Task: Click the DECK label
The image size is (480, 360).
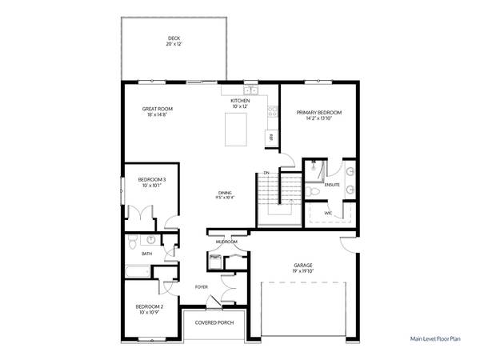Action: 174,38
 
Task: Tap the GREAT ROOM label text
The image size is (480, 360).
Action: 158,109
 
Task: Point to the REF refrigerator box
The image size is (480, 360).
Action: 272,138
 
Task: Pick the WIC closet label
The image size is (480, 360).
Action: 328,213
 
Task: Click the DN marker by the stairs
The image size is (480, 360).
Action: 266,173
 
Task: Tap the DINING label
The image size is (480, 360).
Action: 226,193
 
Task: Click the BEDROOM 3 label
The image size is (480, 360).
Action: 151,179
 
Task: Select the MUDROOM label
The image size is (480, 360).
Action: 226,241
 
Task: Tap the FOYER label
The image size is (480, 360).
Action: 203,286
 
